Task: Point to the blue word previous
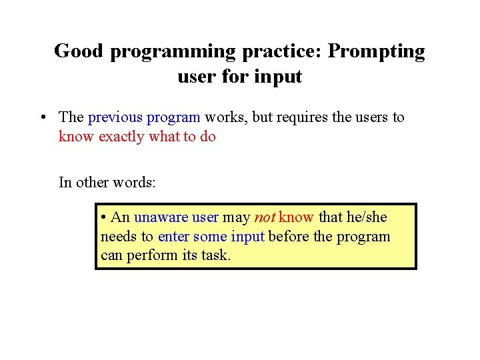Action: point(115,117)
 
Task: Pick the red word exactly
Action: point(121,137)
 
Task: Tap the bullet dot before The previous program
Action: point(42,118)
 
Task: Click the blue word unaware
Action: point(161,217)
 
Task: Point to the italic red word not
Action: point(264,217)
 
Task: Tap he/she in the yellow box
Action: point(365,217)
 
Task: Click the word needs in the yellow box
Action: point(118,237)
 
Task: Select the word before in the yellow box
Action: point(286,237)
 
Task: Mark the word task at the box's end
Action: point(216,255)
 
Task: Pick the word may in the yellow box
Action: point(236,217)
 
